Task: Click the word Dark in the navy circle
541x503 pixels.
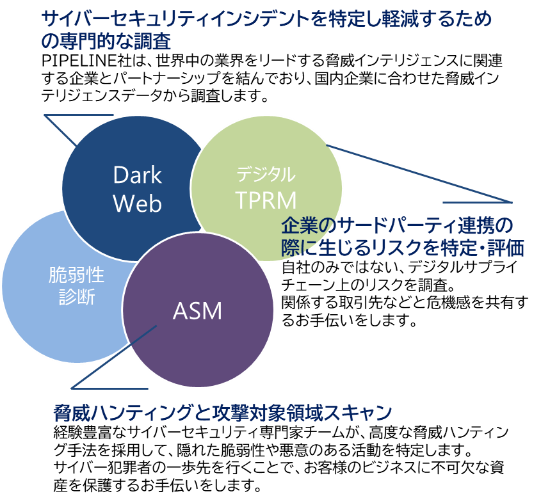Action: [137, 175]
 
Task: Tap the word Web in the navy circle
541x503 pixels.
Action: [137, 203]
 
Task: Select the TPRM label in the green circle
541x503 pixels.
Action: [266, 200]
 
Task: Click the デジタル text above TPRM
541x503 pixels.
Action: [266, 173]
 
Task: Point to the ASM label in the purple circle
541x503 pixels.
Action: [197, 312]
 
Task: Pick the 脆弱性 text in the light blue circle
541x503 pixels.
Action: [76, 275]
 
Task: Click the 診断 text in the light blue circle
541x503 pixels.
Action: [76, 298]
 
